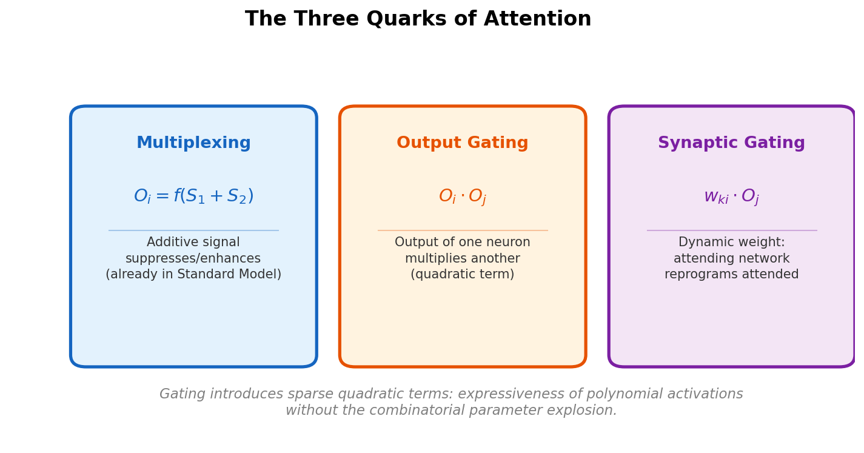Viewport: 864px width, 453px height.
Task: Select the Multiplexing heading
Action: pos(193,144)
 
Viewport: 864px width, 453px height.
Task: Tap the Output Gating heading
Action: pos(463,144)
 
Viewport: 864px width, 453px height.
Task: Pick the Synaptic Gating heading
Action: pos(731,144)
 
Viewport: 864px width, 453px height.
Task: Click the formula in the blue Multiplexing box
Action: pos(193,196)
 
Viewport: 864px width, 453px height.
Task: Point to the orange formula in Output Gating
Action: pos(463,197)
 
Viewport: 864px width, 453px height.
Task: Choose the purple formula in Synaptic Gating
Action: pos(731,197)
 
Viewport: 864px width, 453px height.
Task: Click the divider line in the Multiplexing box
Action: pos(193,230)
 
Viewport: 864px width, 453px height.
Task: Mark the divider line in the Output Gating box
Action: pos(463,230)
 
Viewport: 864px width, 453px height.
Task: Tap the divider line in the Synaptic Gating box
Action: pos(731,230)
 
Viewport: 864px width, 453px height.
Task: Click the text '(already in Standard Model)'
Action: pos(193,275)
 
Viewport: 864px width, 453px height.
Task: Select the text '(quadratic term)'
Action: pos(463,275)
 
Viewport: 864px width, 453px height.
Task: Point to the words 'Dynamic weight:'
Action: pos(731,243)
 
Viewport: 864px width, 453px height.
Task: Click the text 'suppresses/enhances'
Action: pos(193,259)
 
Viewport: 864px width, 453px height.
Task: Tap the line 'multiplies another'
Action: pos(463,259)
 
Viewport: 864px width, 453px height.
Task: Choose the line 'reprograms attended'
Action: pos(731,275)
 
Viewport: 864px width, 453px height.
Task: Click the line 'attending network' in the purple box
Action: pos(731,259)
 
